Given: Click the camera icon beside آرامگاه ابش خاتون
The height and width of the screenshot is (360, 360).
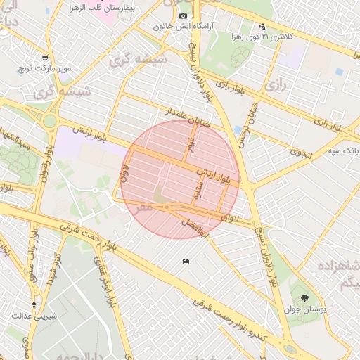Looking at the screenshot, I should pos(184,16).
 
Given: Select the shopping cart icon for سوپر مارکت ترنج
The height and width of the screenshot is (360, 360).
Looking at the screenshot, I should pos(46,58).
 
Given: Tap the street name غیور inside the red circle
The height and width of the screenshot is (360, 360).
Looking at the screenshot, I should pos(191,143).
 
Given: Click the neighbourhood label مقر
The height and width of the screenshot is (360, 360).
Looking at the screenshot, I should pos(145,207).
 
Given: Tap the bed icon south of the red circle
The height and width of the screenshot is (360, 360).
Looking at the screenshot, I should pos(186,262).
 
